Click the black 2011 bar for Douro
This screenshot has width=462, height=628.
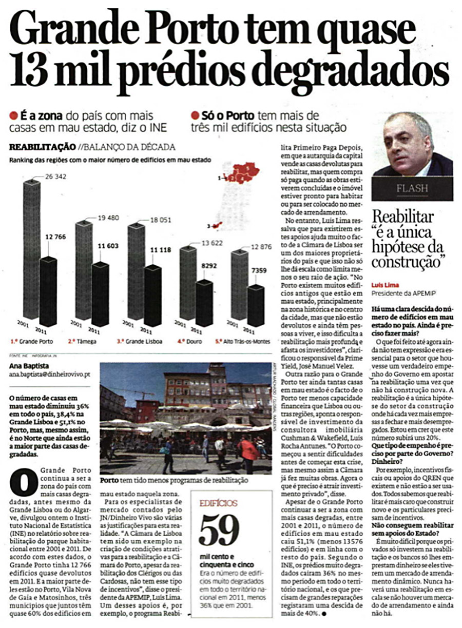(204, 302)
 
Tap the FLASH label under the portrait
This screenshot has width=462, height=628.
(412, 189)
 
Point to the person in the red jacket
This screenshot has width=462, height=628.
(248, 451)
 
